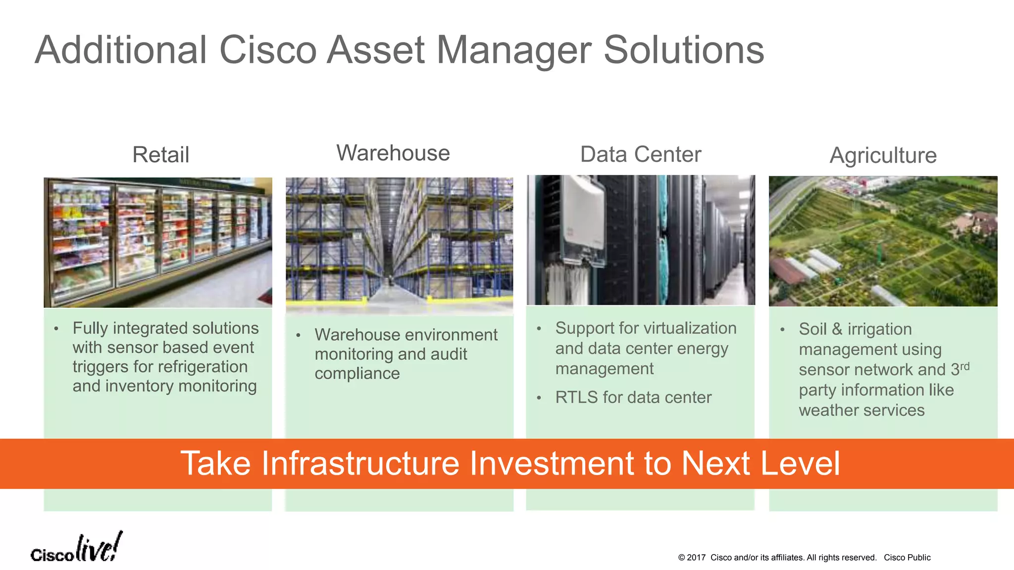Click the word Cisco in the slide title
tap(267, 50)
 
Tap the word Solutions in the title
tap(684, 50)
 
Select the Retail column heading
tap(160, 154)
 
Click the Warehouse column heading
tap(393, 153)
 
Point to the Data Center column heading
tap(641, 154)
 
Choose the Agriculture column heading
tap(883, 155)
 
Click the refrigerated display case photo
tap(158, 242)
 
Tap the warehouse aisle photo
tap(399, 242)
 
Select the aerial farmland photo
tap(883, 241)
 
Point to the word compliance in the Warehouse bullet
tap(357, 374)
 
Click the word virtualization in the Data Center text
tap(683, 328)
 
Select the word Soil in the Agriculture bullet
tap(812, 329)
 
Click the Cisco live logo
tap(76, 548)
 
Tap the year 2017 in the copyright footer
tap(696, 558)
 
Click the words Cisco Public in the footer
tap(907, 558)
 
